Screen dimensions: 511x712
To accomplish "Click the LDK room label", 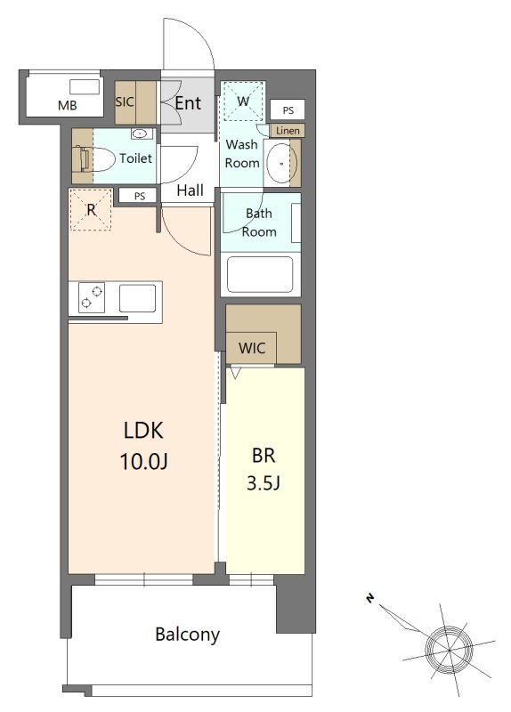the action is pos(143,430).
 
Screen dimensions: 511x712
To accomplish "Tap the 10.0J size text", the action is pos(143,461).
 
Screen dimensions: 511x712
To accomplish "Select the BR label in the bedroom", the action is pos(264,455).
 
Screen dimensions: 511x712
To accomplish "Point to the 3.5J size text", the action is pos(264,483).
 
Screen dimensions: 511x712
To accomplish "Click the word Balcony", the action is pos(187,635).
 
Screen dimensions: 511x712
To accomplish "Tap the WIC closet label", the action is pos(252,348).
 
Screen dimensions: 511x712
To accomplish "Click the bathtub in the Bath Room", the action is pos(260,275).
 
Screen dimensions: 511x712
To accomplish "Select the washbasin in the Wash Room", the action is pos(281,163).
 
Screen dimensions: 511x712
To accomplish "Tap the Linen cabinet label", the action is pos(288,131).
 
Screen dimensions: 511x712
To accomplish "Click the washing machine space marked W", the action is pos(243,101).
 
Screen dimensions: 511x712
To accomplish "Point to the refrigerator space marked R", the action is pos(91,210).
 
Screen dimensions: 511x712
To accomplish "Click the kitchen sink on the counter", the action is pos(138,298).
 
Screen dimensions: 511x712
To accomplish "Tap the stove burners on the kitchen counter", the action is pos(92,297).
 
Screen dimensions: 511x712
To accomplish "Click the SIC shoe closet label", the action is pos(124,101).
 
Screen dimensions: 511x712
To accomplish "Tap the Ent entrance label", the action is pos(188,103).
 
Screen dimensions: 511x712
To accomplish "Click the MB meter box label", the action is pos(68,106).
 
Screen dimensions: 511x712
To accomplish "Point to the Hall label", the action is pos(190,190).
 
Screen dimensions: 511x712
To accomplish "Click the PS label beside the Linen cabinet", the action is pos(288,110).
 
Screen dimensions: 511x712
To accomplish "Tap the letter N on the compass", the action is pos(370,599).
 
